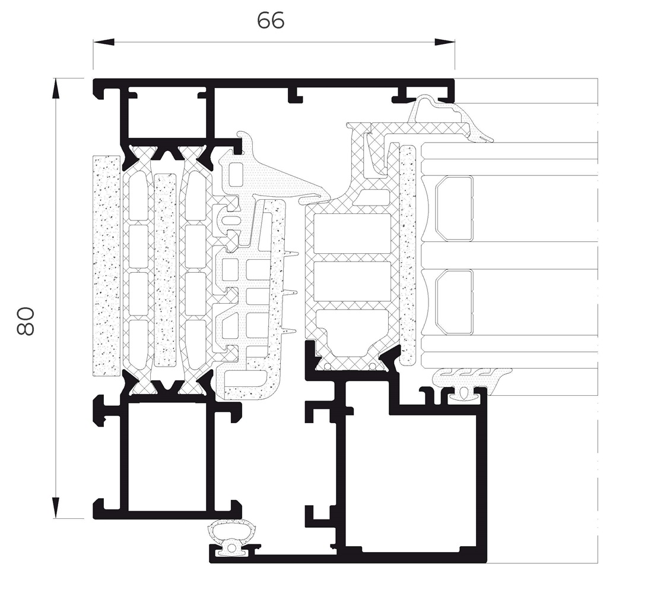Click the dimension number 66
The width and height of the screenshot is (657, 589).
(271, 20)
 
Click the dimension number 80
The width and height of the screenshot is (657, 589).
(26, 322)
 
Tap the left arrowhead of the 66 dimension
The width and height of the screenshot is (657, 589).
(103, 42)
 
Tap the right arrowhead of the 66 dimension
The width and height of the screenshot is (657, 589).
(444, 42)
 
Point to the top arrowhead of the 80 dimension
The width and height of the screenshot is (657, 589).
(55, 89)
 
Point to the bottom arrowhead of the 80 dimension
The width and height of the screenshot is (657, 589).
(55, 508)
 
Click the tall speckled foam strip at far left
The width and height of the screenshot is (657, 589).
(106, 266)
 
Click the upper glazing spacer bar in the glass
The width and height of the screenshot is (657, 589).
(454, 209)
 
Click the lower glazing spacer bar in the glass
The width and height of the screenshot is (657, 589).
(454, 302)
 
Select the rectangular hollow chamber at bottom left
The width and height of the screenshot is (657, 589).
(167, 457)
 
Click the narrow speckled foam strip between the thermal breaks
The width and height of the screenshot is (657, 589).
(165, 270)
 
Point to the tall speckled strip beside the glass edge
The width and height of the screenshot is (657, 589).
(408, 255)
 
